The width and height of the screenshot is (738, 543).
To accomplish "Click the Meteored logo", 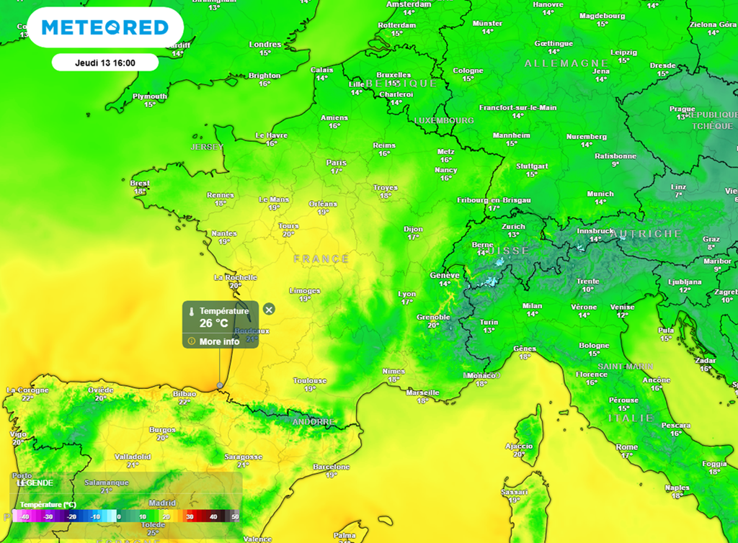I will tap(105, 27).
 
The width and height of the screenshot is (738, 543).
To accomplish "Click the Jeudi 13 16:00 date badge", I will tap(105, 63).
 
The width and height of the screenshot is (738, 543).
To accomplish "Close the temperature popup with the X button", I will tap(269, 310).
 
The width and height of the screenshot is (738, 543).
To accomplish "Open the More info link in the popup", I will tap(219, 341).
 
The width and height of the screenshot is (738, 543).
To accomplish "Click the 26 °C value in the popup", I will tap(213, 323).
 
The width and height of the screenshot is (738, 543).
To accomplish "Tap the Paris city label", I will tap(336, 163).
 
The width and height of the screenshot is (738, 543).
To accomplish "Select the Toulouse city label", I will tap(310, 380).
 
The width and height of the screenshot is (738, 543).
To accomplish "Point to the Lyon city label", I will tap(407, 294).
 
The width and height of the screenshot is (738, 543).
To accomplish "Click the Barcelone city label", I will tap(331, 467).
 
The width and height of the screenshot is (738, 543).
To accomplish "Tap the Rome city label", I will tap(626, 447).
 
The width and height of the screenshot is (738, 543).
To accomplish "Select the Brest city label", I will tap(140, 184).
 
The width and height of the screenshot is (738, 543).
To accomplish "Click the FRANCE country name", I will tap(321, 259).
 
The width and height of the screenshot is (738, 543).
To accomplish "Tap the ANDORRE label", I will tap(313, 421).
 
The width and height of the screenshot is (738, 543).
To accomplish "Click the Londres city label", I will tap(265, 45).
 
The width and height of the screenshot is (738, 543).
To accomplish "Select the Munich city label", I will tap(600, 194).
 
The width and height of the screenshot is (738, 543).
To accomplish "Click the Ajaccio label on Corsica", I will tap(518, 446).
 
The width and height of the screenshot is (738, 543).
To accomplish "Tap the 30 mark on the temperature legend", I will tap(190, 516).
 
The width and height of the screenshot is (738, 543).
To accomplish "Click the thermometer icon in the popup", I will tap(192, 312).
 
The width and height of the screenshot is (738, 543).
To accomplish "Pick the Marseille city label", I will tap(422, 392).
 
